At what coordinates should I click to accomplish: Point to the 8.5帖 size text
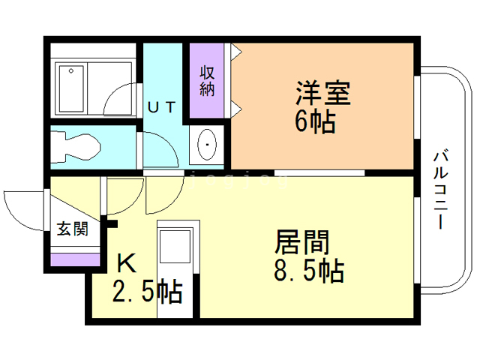308,269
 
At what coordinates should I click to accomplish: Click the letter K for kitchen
126,263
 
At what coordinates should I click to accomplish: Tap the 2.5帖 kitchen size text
147,291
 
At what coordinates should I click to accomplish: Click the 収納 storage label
207,81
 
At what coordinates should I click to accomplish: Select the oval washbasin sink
206,143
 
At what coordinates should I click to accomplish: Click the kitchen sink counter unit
178,247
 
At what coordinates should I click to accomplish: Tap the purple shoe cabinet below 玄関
74,259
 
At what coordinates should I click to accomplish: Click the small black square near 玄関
112,222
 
